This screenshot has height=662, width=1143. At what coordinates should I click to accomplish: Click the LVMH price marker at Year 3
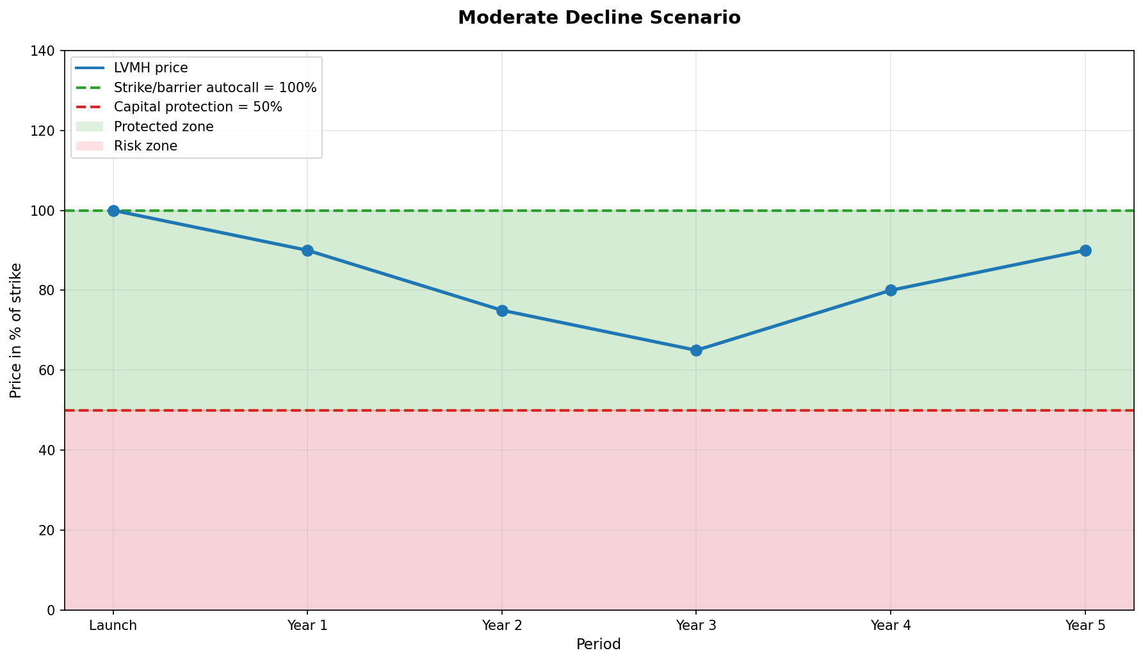(x=696, y=350)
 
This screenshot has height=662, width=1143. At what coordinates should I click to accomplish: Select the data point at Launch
(x=113, y=211)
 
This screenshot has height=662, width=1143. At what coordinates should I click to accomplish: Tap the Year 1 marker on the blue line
(x=307, y=250)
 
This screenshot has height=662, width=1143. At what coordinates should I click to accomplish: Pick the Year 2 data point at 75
(x=502, y=311)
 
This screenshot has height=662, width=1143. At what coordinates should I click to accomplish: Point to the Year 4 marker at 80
(x=891, y=290)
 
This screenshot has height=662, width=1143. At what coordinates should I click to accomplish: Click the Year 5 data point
(x=1085, y=250)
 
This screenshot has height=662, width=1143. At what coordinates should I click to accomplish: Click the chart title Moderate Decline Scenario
(x=599, y=17)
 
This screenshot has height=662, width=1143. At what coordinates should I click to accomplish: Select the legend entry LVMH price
(x=150, y=69)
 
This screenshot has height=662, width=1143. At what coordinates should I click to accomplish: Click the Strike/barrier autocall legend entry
(x=215, y=88)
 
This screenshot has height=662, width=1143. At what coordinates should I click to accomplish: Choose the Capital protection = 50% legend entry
(x=198, y=107)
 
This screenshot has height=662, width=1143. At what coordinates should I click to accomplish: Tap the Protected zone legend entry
(x=163, y=127)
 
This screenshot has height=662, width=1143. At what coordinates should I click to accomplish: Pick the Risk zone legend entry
(x=145, y=146)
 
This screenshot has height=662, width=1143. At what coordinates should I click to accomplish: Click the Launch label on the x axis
(x=113, y=626)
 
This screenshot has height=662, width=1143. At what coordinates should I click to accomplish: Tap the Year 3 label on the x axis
(x=696, y=626)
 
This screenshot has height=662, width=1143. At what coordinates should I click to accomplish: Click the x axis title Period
(x=599, y=644)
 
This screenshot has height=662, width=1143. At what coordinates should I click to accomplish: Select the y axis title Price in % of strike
(x=16, y=330)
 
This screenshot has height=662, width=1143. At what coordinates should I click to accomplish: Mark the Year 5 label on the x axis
(x=1085, y=626)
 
